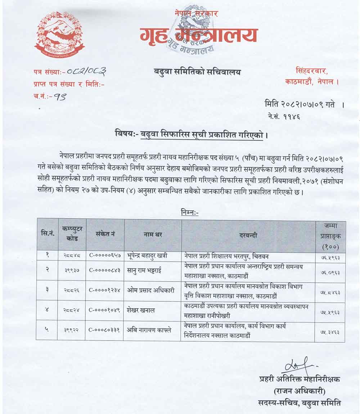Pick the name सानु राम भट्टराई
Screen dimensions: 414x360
point(144,270)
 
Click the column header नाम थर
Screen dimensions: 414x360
point(153,234)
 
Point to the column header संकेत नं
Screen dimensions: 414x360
point(105,234)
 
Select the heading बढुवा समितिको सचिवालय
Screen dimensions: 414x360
point(197,72)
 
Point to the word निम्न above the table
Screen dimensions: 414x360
point(190,212)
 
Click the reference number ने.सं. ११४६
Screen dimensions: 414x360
point(284,116)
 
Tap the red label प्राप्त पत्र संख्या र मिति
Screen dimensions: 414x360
point(68,85)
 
